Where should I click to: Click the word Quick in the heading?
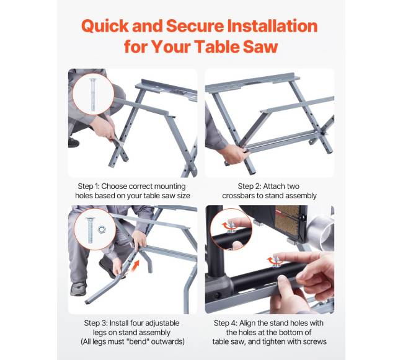click(x=105, y=26)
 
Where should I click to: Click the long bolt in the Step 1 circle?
click(x=93, y=95)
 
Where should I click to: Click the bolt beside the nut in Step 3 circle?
click(x=90, y=230)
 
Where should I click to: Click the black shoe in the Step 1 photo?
click(x=74, y=143)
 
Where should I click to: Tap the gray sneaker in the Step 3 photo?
click(x=78, y=289)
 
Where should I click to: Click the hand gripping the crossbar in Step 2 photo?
click(x=234, y=154)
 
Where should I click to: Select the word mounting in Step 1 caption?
click(x=170, y=187)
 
